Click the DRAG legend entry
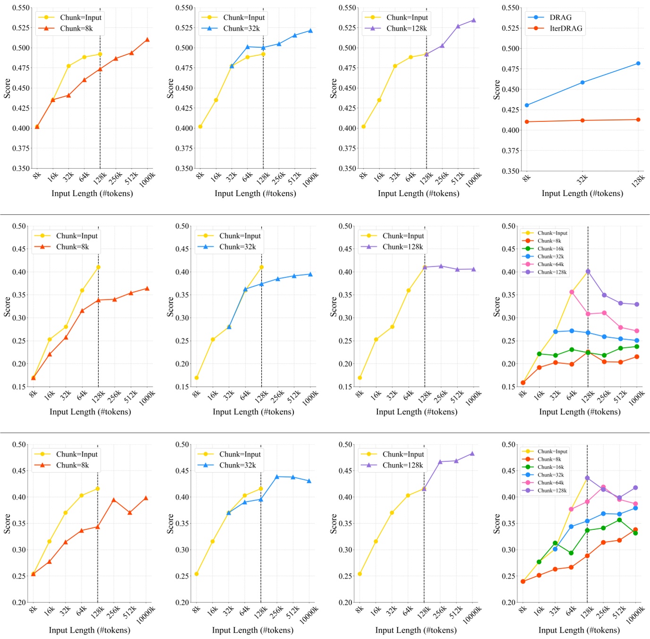560,17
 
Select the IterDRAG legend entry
565,28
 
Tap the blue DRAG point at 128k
638,63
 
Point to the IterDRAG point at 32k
582,120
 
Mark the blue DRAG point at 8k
527,105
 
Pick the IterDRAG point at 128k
638,119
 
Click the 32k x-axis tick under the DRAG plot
582,179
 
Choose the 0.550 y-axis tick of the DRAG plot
510,8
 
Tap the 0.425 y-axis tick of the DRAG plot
510,110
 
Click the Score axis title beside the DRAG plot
496,89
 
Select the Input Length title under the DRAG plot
582,193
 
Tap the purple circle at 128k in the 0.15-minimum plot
588,272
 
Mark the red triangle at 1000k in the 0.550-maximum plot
147,40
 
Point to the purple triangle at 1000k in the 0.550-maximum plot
474,20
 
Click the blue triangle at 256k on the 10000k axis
277,477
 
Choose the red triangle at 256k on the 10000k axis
113,500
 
